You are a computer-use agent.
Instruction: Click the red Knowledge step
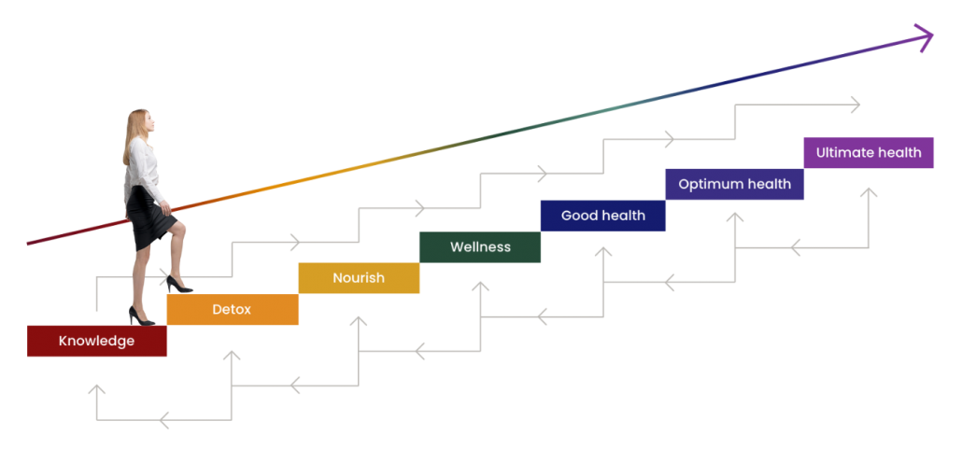pos(96,341)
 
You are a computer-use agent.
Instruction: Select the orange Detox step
pos(232,309)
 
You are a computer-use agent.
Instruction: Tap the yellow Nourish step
pos(359,278)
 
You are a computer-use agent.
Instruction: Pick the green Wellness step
pos(480,246)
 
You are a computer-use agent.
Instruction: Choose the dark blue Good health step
pos(602,215)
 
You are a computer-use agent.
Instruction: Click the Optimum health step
pos(734,184)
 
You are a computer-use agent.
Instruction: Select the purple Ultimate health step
pos(869,152)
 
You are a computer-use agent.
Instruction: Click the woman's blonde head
pos(138,124)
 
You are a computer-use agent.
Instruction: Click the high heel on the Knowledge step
pos(141,318)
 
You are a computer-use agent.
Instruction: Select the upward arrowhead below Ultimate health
pos(869,193)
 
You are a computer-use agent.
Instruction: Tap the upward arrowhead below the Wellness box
pos(481,287)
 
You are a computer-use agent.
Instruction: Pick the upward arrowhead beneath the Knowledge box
pos(96,388)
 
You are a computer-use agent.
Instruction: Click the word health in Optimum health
pos(770,184)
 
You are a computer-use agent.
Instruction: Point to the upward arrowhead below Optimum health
pos(735,217)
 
